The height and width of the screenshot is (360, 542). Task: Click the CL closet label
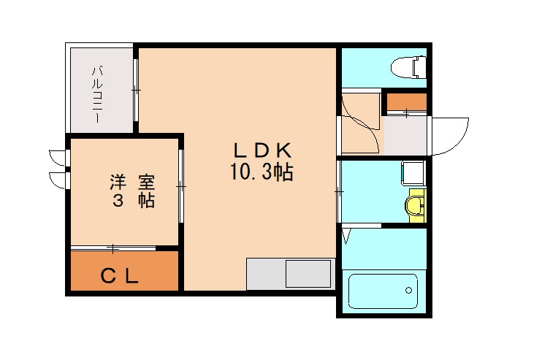[x=120, y=276]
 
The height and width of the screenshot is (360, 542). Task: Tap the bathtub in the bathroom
[x=383, y=291]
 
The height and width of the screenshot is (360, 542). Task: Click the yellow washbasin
[x=416, y=204]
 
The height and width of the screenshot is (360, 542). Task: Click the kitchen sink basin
[x=308, y=274]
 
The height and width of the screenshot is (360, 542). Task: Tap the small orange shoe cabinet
[x=406, y=102]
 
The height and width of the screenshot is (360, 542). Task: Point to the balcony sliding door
[x=136, y=90]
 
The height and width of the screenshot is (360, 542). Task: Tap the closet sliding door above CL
[x=114, y=248]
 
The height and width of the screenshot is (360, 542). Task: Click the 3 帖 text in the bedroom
[x=132, y=201]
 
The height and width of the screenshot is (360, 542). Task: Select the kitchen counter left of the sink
[x=265, y=274]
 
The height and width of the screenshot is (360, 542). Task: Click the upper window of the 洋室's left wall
[x=57, y=156]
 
